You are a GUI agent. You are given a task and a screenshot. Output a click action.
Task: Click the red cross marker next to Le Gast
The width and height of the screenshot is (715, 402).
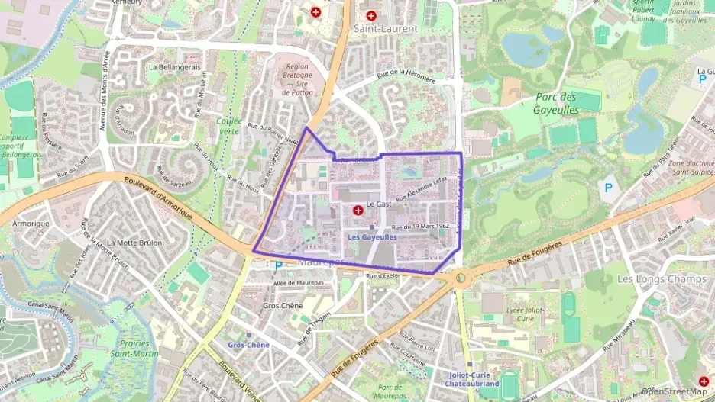[x=358, y=211]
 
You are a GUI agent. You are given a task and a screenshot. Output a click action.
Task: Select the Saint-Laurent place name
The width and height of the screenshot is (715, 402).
[x=385, y=28]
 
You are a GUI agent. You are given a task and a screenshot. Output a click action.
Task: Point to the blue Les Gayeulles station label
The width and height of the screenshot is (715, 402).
[x=372, y=237]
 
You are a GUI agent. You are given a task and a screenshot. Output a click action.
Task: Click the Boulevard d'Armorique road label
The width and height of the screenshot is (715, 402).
[x=160, y=195]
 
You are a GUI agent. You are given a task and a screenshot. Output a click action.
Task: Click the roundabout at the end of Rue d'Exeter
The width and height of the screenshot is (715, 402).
[x=461, y=278]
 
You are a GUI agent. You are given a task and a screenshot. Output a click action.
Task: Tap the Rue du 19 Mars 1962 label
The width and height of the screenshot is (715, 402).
[x=419, y=227]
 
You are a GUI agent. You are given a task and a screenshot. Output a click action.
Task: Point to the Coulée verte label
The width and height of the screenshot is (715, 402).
[x=228, y=126]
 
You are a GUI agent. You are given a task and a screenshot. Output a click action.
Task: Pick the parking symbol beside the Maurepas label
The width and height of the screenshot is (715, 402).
[x=278, y=266]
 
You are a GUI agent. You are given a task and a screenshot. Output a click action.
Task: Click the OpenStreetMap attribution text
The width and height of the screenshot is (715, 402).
[x=675, y=391]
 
